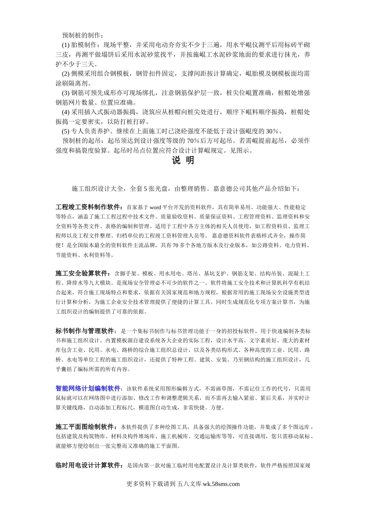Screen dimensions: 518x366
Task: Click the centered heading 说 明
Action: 183,161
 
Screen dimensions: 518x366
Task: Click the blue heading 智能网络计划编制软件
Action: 88,388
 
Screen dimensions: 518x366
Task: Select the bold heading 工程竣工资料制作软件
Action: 89,207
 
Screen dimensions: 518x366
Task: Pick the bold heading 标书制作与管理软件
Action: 86,331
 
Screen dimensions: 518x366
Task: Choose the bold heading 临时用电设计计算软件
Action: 89,466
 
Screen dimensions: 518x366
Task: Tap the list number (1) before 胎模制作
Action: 65,45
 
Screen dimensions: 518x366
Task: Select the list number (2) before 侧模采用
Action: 65,74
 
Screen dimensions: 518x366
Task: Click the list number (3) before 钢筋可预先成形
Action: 65,93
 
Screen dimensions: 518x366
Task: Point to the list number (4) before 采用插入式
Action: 65,112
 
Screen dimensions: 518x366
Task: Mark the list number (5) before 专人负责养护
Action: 65,131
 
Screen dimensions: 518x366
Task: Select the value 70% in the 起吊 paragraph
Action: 193,141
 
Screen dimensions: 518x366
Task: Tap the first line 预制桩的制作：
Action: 82,35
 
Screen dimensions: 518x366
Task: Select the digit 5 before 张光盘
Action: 145,189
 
